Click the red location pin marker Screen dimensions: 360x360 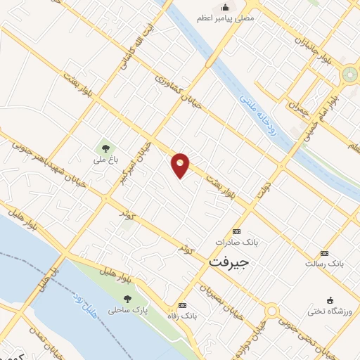pos(181,165)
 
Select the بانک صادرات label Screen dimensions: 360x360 pos(237,242)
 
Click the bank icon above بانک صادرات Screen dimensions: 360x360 pos(236,231)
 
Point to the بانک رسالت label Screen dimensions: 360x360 pos(323,264)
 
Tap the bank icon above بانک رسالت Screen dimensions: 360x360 pos(324,253)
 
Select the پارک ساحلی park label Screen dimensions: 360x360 pos(124,309)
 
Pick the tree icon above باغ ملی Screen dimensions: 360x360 pos(105,148)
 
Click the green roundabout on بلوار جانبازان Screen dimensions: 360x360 pos(349,74)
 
